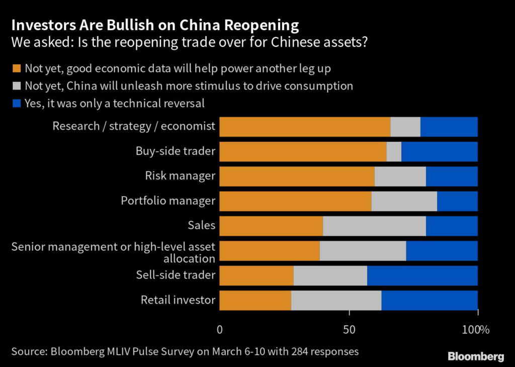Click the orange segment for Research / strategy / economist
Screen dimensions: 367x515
click(x=305, y=127)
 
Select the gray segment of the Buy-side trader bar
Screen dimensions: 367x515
click(x=394, y=151)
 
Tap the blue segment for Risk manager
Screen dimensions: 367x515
click(x=452, y=176)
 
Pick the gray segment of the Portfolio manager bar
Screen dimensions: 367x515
click(x=404, y=201)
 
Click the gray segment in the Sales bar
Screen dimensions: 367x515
click(x=374, y=226)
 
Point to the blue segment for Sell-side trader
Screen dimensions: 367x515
click(x=422, y=275)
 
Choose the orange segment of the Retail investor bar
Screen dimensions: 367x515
click(x=255, y=300)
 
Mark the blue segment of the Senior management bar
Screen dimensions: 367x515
click(x=442, y=250)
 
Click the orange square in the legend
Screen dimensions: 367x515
click(x=17, y=68)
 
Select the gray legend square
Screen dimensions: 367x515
click(x=17, y=86)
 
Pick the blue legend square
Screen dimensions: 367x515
click(x=17, y=104)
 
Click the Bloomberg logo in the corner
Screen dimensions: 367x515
click(x=475, y=356)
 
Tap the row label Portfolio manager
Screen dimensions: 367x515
click(x=168, y=201)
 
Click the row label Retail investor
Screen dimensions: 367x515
click(x=178, y=300)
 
